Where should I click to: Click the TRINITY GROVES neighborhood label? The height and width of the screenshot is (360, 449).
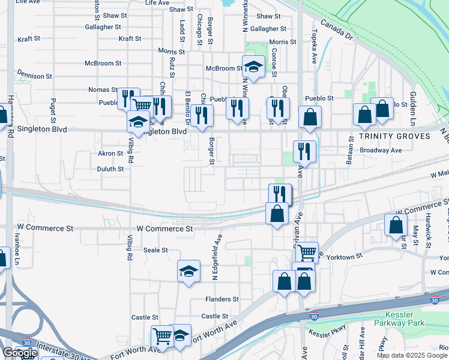[x=396, y=136]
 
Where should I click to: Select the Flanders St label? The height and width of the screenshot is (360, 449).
[x=222, y=299]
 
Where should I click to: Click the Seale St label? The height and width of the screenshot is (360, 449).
[x=155, y=250]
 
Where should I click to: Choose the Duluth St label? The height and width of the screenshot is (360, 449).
[x=110, y=169]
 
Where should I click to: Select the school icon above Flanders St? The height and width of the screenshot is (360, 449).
[x=188, y=271]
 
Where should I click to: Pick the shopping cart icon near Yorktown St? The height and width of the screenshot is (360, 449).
[x=307, y=252]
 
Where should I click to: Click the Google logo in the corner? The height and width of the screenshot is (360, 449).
[x=19, y=353]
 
